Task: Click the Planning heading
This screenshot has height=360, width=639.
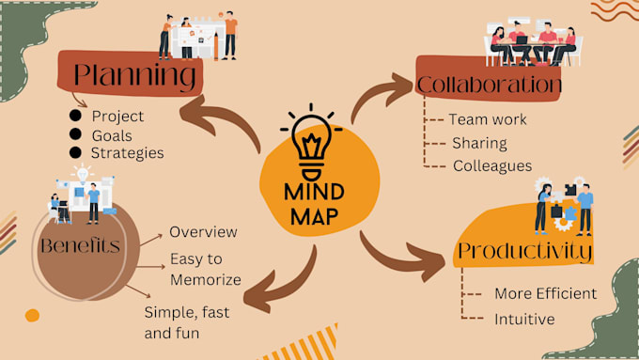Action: pos(135,73)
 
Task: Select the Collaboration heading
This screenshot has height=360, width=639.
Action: pos(490,86)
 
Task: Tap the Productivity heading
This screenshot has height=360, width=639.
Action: pos(524,251)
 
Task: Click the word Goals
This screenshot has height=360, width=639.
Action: pos(112,134)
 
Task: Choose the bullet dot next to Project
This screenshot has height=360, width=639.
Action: pos(74,116)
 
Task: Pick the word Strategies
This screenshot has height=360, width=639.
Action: pos(128,152)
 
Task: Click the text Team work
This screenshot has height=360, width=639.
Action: pos(488,119)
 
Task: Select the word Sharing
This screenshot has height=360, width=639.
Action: pos(479,143)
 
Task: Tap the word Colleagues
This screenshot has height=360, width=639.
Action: pos(492,165)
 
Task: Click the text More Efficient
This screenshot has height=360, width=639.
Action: pos(545,293)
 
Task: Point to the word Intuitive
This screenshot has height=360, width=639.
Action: pos(524,319)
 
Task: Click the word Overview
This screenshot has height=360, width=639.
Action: pos(203,232)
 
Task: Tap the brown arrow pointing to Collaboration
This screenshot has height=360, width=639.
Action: pos(381,100)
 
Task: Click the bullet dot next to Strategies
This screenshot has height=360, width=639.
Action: pos(74,152)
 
